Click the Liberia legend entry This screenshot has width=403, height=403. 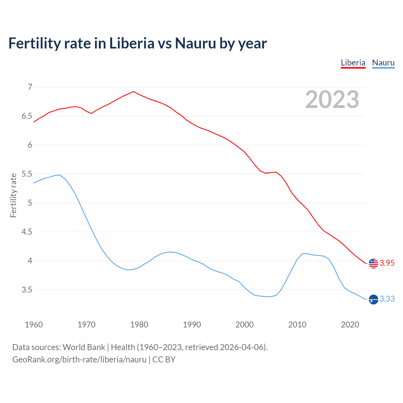pos(353,63)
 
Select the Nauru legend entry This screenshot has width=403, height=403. pos(383,63)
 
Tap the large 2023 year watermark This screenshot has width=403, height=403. pos(332,99)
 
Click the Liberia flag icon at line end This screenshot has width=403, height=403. pos(373,263)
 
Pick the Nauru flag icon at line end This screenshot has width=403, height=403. pos(373,299)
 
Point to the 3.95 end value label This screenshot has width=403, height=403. pos(387,263)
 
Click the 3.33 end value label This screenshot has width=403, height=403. pos(387,299)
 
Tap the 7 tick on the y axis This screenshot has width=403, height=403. pos(30,87)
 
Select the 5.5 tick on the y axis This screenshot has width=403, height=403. pos(27,174)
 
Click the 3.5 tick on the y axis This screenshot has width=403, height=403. pos(27,290)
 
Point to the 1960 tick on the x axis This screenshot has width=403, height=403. pos(34,325)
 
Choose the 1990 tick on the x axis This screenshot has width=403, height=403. pos(192,325)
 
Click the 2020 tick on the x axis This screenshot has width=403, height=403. pos(350,325)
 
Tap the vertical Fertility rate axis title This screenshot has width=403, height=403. pos(13,195)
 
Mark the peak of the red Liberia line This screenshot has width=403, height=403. pos(133,92)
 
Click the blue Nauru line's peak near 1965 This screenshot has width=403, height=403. pos(60,175)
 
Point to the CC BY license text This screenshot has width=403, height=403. pos(164,360)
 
